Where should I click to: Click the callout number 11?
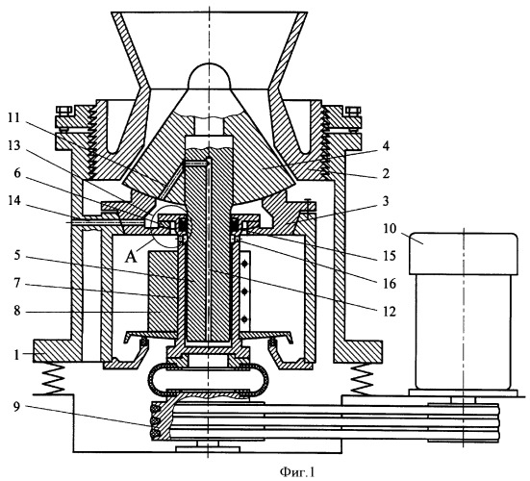[14, 118]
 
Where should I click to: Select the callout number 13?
[14, 146]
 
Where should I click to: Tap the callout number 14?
[14, 201]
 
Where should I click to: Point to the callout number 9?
[17, 406]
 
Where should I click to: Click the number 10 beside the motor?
[390, 229]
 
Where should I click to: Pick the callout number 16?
[390, 283]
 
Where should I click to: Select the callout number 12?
[390, 312]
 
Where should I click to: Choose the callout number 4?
[386, 146]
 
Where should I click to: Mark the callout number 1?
[17, 355]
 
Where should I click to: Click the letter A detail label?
[131, 257]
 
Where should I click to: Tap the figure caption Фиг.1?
[297, 472]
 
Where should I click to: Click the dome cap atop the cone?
[210, 76]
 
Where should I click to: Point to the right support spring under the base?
[363, 378]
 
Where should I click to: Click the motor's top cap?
[464, 254]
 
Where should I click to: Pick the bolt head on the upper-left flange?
[63, 111]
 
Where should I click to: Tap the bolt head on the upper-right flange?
[353, 111]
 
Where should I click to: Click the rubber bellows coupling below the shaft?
[210, 380]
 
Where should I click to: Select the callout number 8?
[17, 312]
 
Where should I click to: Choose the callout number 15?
[390, 256]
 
